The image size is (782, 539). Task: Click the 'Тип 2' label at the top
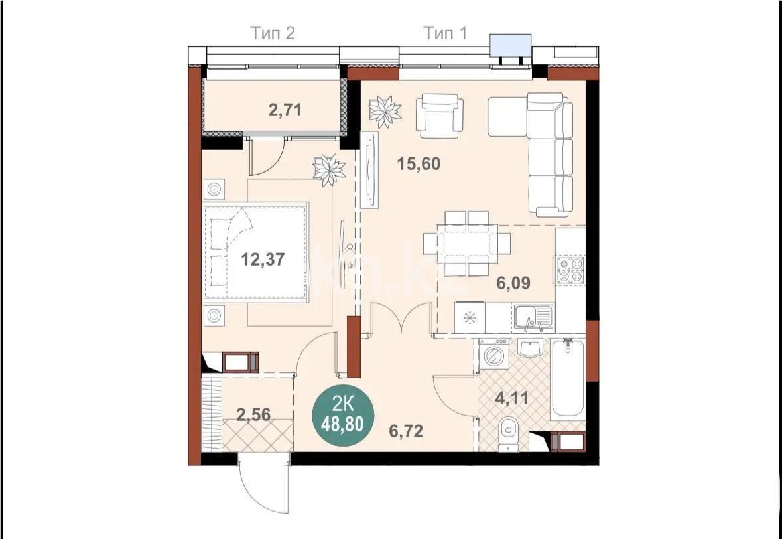tap(272, 33)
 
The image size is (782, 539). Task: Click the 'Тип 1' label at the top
tap(444, 33)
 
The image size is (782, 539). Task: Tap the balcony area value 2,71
tap(285, 110)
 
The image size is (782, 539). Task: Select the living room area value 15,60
tap(419, 163)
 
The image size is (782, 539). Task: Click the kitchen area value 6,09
tap(513, 283)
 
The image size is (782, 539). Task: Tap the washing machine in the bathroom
tap(493, 354)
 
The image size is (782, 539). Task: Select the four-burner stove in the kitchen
tap(571, 270)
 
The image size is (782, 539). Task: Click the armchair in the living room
tap(439, 112)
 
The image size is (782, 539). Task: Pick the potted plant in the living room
tap(384, 111)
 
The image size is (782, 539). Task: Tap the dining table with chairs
tap(468, 244)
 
